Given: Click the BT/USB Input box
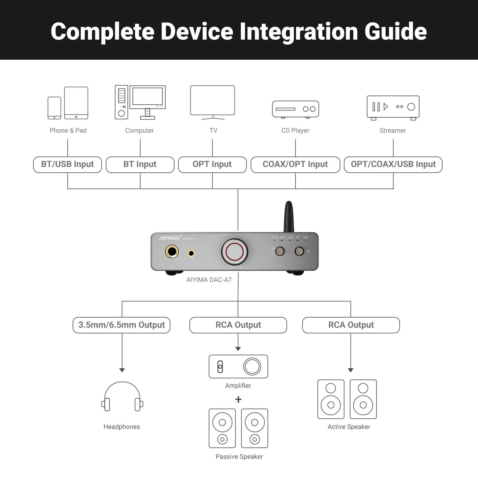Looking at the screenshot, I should tap(68, 165).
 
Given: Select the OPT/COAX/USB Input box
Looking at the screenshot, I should tap(393, 165).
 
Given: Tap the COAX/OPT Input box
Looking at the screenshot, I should tap(295, 165).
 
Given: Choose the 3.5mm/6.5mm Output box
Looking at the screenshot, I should tap(121, 325).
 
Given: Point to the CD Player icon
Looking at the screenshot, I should tap(295, 109).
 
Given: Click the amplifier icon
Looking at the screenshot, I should tap(238, 367).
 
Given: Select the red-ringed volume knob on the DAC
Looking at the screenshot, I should tap(235, 252).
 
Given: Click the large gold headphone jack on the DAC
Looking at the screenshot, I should tap(172, 251).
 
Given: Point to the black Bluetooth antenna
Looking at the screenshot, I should tap(289, 217).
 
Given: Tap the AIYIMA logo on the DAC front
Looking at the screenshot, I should tap(169, 238).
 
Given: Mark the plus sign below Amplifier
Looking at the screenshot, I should tap(238, 399).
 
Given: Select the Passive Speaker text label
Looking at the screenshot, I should tap(239, 456).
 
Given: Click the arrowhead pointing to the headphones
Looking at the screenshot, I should tap(122, 370).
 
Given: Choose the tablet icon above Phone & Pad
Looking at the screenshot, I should tap(76, 103).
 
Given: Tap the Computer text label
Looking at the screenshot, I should tap(140, 131).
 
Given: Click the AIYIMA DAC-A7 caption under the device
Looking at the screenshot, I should tap(209, 280).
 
